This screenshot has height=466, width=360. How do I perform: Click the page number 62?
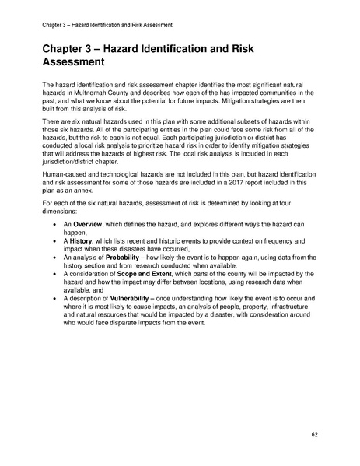[313, 433]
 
